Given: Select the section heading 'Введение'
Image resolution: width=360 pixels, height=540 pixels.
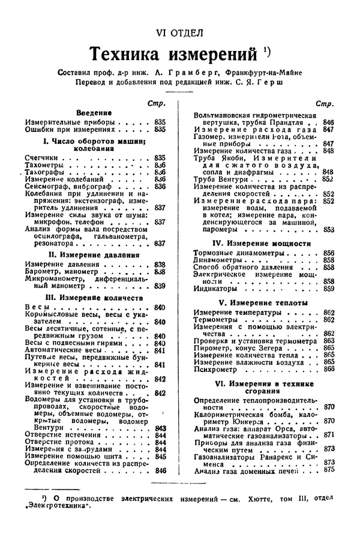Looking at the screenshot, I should pyautogui.click(x=94, y=112).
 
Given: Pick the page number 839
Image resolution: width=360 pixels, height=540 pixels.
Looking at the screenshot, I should pyautogui.click(x=160, y=286).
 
